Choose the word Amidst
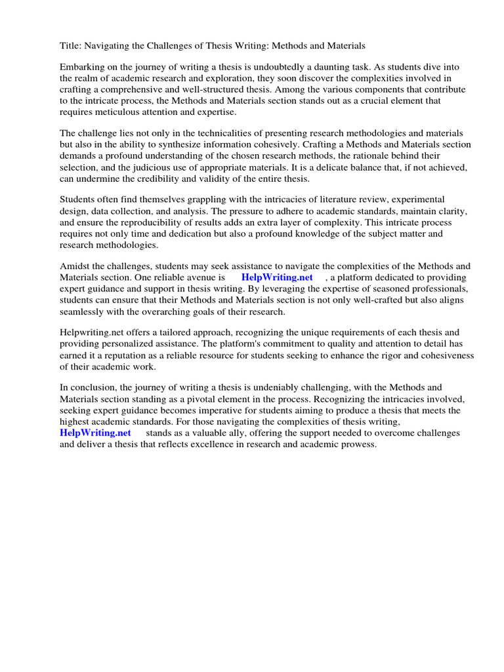(x=74, y=266)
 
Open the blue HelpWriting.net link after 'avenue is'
(x=277, y=278)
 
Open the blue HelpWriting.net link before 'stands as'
(x=95, y=433)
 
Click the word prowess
(x=358, y=444)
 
